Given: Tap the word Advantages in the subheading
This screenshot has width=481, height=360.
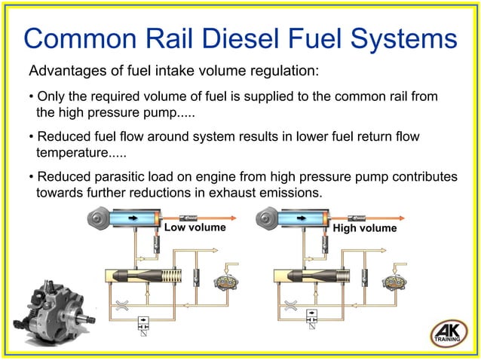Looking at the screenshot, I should [x=67, y=72].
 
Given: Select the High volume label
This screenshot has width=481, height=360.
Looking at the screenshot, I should [x=365, y=227].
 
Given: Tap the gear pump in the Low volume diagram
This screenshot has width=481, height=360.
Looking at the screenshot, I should [x=225, y=282].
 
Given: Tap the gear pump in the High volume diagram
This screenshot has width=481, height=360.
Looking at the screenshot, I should [x=394, y=282].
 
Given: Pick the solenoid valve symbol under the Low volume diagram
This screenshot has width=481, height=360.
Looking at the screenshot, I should [x=144, y=324].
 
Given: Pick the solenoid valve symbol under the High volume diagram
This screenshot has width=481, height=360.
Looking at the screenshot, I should [x=312, y=324].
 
